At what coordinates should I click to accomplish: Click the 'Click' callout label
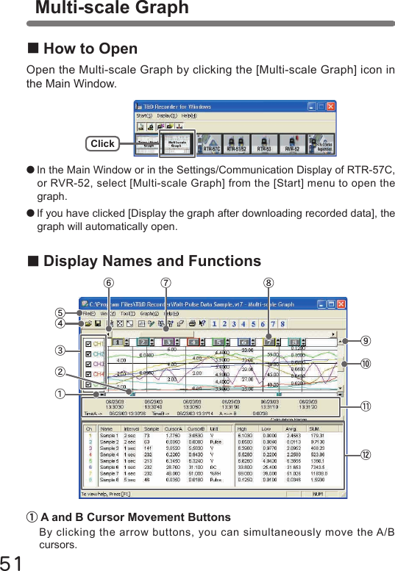pyautogui.click(x=103, y=143)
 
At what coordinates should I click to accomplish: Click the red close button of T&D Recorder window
pyautogui.click(x=330, y=106)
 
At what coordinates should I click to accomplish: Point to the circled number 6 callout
pyautogui.click(x=110, y=281)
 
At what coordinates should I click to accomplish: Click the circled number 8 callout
pyautogui.click(x=271, y=281)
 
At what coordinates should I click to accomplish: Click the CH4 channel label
pyautogui.click(x=99, y=374)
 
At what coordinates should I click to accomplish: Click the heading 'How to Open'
pyautogui.click(x=90, y=49)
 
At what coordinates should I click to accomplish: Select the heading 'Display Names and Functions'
pyautogui.click(x=152, y=262)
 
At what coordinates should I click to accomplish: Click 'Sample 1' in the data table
pyautogui.click(x=110, y=436)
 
